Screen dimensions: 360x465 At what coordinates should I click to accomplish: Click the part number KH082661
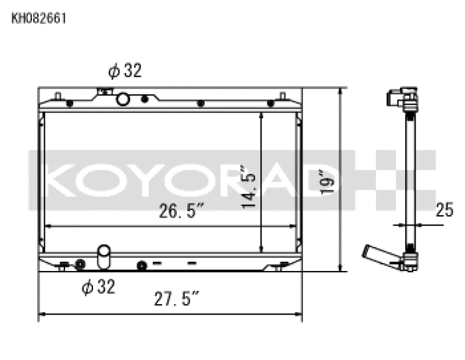pyautogui.click(x=39, y=18)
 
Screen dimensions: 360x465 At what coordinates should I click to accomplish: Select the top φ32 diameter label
pyautogui.click(x=124, y=71)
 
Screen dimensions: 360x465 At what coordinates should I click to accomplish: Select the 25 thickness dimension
pyautogui.click(x=444, y=210)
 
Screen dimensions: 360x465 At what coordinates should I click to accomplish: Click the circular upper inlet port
pyautogui.click(x=123, y=99)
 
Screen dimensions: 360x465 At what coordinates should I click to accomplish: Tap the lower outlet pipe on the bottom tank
pyautogui.click(x=104, y=257)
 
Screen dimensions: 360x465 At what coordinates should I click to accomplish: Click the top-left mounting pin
pyautogui.click(x=57, y=95)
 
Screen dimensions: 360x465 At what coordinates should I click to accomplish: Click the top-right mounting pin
pyautogui.click(x=282, y=95)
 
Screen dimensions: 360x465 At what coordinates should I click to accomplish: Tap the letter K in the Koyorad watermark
pyautogui.click(x=57, y=181)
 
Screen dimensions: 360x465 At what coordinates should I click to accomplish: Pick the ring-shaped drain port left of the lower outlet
pyautogui.click(x=80, y=265)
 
